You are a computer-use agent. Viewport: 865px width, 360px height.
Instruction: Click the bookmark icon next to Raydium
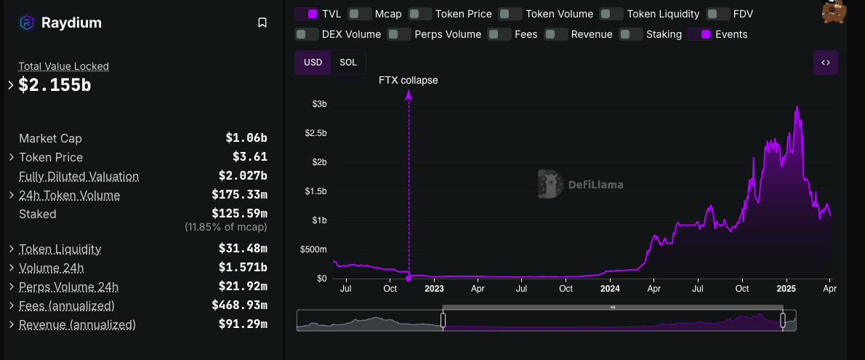point(262,23)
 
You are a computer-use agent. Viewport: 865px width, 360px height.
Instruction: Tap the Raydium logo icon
point(26,23)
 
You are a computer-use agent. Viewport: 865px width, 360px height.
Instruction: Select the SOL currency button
point(348,63)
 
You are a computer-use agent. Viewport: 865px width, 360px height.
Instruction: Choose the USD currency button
point(313,63)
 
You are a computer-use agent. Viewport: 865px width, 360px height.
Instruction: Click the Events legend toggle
point(700,34)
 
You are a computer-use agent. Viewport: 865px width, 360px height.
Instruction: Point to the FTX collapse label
point(409,81)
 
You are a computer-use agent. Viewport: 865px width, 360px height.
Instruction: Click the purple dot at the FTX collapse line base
point(409,278)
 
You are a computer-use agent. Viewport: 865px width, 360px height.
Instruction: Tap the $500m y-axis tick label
point(313,249)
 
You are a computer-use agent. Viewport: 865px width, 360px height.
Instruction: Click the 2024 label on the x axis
point(610,289)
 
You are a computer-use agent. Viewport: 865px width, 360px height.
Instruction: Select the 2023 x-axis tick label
point(434,289)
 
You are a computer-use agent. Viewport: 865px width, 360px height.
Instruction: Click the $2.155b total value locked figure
point(55,85)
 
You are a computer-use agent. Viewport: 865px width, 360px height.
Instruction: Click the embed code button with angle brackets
point(826,63)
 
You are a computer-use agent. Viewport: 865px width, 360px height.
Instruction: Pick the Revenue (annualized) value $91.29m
point(243,324)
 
